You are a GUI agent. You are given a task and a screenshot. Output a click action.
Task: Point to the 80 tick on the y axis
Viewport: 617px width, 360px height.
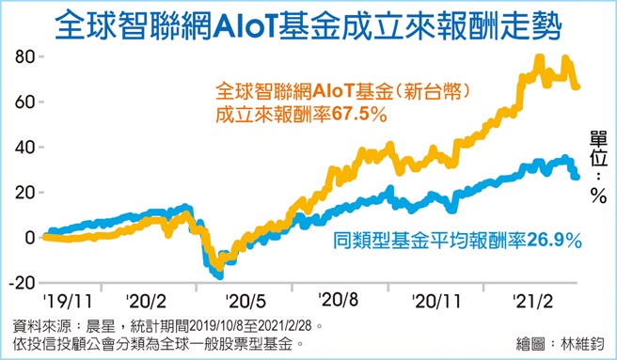[22, 56]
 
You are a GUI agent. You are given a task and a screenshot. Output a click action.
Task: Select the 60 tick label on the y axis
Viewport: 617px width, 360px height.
[22, 102]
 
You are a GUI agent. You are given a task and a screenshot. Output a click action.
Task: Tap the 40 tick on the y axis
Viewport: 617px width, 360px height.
[22, 148]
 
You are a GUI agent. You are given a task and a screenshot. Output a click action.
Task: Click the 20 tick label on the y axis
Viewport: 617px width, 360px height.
[22, 193]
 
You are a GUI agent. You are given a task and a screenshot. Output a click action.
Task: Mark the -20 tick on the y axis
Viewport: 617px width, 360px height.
[19, 283]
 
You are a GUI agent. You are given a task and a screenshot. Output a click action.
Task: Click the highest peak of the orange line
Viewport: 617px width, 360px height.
[539, 57]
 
